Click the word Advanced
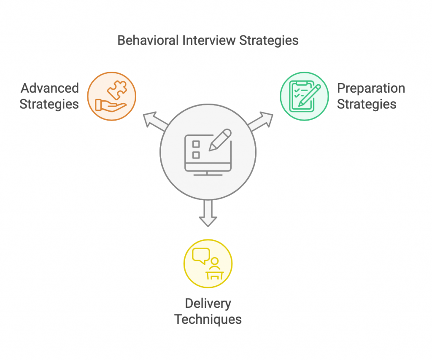(50, 89)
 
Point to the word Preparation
(371, 89)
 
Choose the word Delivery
(208, 304)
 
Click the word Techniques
(208, 319)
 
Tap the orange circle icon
(111, 97)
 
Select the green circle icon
(304, 97)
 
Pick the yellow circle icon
(208, 264)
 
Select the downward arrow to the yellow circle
(208, 213)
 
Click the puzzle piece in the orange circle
(117, 89)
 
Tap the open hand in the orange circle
(109, 105)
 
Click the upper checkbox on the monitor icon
(196, 144)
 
